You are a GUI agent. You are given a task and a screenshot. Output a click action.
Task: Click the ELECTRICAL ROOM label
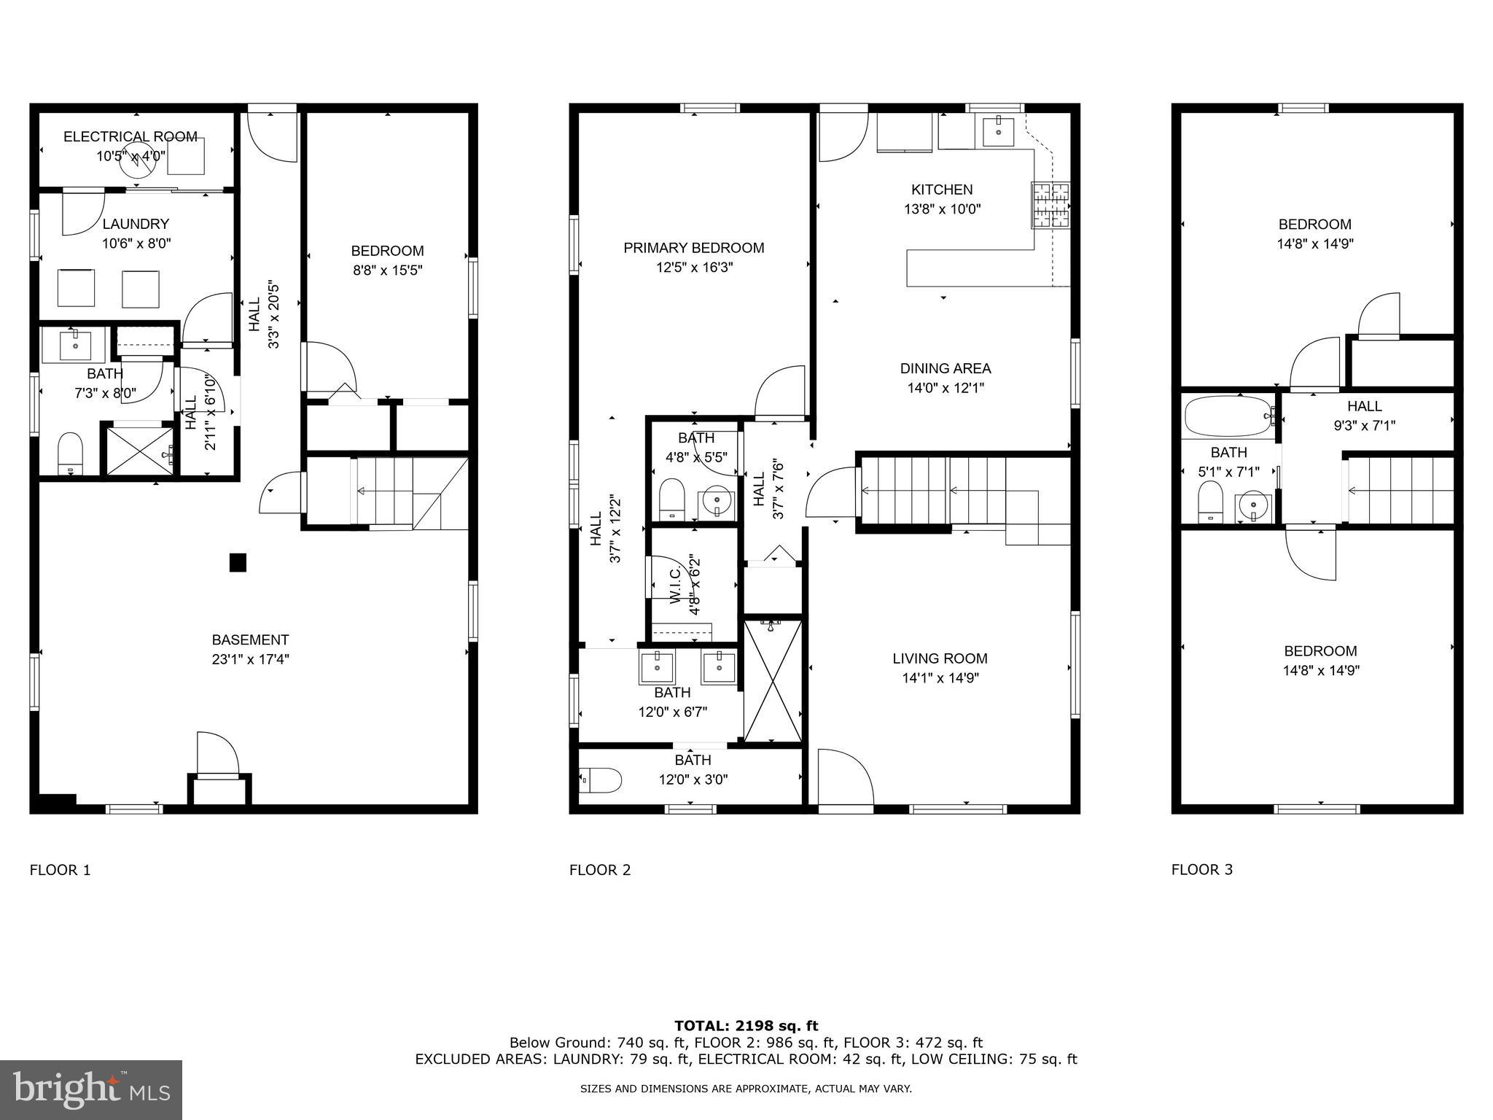click(x=130, y=136)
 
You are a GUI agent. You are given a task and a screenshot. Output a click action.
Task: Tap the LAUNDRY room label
click(x=136, y=224)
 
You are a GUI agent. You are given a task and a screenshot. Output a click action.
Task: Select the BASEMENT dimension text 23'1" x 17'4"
click(x=250, y=659)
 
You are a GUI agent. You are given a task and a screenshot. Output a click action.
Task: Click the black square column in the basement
click(x=238, y=562)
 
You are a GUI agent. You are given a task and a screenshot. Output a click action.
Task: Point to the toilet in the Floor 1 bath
click(x=71, y=452)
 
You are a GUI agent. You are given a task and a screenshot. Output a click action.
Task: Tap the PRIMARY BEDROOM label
click(x=693, y=248)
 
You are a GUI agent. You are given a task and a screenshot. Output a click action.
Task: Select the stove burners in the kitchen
click(x=1050, y=205)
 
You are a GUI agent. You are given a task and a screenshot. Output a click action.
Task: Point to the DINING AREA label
click(x=946, y=368)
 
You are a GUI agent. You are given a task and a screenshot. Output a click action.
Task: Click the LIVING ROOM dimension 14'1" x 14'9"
click(x=940, y=677)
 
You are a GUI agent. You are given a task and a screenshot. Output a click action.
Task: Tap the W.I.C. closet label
click(x=675, y=583)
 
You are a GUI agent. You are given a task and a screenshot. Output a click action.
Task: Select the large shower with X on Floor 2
click(x=773, y=680)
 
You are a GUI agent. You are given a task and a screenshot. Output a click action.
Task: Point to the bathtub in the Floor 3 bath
click(x=1228, y=416)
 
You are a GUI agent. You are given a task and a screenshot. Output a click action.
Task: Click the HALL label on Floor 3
click(x=1364, y=406)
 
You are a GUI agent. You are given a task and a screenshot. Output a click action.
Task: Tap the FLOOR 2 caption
click(x=599, y=870)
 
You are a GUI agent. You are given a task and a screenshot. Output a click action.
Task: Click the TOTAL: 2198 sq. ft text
click(x=746, y=1026)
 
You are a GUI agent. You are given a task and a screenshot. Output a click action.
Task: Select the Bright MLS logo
click(x=91, y=1089)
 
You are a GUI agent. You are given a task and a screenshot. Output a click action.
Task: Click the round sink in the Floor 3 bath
click(x=1253, y=505)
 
